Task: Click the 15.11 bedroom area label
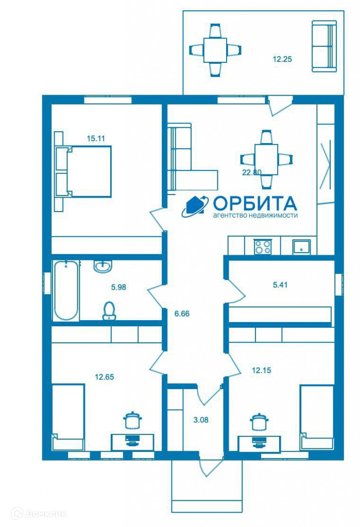96,138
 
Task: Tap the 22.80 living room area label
252,172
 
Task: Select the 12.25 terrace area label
282,59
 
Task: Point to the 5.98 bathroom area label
119,287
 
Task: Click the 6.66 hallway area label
182,313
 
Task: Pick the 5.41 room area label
280,285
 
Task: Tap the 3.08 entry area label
201,420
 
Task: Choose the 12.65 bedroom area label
105,377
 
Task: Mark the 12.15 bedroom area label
262,371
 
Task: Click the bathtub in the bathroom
66,290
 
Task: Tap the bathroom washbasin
103,266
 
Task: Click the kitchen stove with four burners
263,246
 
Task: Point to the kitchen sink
301,247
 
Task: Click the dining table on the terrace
215,50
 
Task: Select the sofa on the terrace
324,46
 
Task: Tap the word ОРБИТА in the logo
255,203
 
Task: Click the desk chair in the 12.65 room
133,420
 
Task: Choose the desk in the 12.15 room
259,444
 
